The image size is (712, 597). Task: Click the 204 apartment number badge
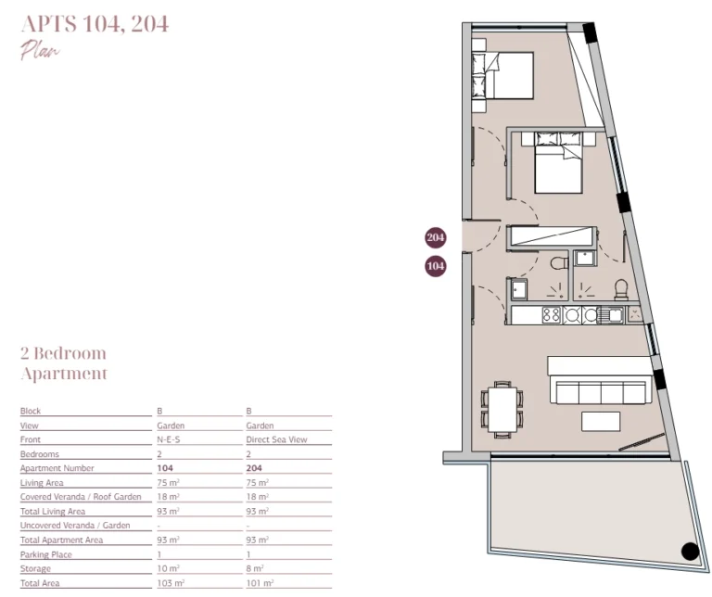(436, 237)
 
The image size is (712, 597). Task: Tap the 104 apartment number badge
(436, 266)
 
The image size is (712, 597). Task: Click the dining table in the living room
(502, 410)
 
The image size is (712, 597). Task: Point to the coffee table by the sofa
(601, 421)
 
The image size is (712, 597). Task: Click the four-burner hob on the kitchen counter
(552, 314)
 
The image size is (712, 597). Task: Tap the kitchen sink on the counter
(611, 314)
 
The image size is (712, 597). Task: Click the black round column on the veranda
(690, 552)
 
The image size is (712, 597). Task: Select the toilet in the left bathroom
(559, 263)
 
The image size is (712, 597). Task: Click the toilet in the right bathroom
(621, 290)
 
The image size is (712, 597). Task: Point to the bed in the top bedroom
(502, 75)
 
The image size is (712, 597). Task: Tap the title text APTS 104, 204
(95, 24)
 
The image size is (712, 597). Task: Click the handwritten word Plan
(40, 50)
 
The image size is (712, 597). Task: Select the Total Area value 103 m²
(171, 583)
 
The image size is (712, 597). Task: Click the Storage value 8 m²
(255, 568)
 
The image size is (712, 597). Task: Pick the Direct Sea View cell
(276, 439)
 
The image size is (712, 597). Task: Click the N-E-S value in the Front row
(169, 439)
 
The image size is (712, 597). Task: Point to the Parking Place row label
(45, 554)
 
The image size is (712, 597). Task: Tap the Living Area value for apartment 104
(168, 483)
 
